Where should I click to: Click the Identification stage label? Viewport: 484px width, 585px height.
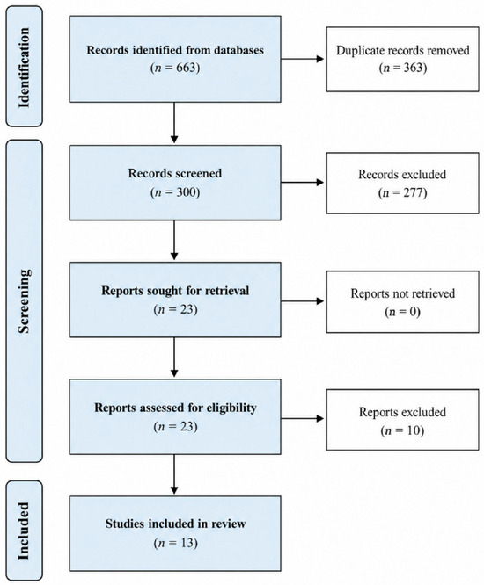pyautogui.click(x=24, y=68)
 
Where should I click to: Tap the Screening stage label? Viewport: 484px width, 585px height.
pyautogui.click(x=24, y=301)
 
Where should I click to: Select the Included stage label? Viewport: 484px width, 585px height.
pyautogui.click(x=24, y=531)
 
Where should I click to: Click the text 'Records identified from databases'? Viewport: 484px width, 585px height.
pyautogui.click(x=175, y=50)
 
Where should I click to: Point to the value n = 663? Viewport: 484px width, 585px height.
pyautogui.click(x=175, y=68)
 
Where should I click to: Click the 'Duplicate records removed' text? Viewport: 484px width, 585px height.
pyautogui.click(x=402, y=50)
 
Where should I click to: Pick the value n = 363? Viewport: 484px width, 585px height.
pyautogui.click(x=402, y=68)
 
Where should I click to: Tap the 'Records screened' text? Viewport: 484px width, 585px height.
pyautogui.click(x=175, y=173)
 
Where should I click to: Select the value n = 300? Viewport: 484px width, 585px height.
pyautogui.click(x=175, y=192)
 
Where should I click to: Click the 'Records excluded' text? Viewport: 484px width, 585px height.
pyautogui.click(x=402, y=174)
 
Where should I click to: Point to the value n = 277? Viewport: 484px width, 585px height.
pyautogui.click(x=402, y=193)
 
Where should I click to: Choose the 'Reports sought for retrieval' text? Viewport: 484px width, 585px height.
pyautogui.click(x=175, y=291)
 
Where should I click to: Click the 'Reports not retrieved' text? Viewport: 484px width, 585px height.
pyautogui.click(x=402, y=293)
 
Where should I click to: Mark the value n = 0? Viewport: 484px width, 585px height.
pyautogui.click(x=402, y=312)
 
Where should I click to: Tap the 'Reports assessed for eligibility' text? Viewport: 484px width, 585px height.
pyautogui.click(x=175, y=408)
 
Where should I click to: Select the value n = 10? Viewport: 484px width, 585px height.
pyautogui.click(x=402, y=430)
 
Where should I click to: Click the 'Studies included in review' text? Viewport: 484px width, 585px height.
pyautogui.click(x=175, y=524)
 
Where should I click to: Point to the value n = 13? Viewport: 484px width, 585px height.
pyautogui.click(x=175, y=543)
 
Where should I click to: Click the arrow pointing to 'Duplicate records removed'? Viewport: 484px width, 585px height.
pyautogui.click(x=303, y=59)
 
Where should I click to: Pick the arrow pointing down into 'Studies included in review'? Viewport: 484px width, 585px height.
pyautogui.click(x=174, y=474)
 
